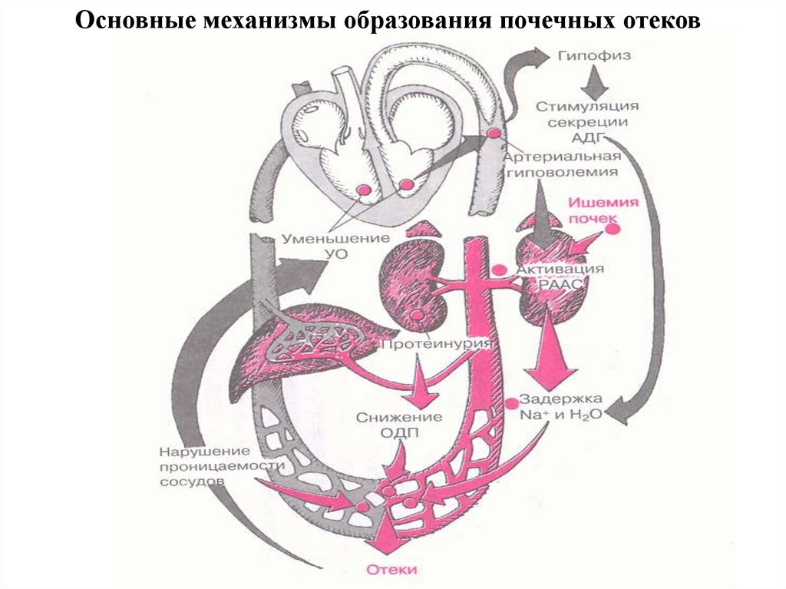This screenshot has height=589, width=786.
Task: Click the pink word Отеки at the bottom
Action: (392, 570)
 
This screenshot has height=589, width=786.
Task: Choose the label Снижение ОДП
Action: (398, 424)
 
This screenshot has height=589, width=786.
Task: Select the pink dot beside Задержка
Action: (512, 402)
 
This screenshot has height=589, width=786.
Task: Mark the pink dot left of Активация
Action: (500, 270)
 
